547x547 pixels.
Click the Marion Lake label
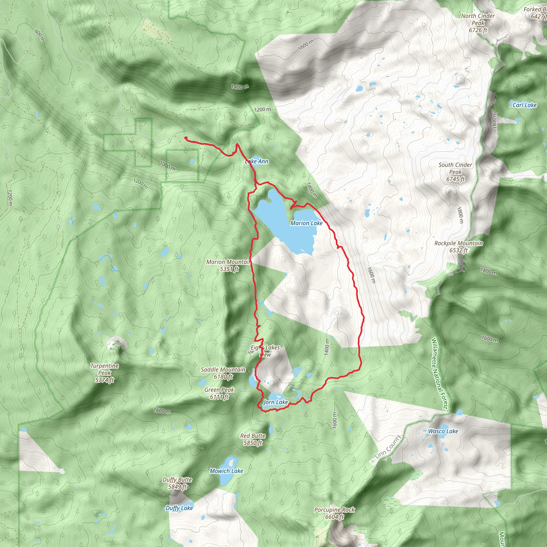click(x=306, y=223)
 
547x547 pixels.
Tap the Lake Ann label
click(x=256, y=161)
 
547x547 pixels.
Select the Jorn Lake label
click(x=275, y=402)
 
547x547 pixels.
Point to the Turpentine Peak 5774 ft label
click(x=104, y=373)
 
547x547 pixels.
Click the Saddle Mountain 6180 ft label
click(x=223, y=373)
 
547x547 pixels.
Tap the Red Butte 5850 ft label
click(x=253, y=439)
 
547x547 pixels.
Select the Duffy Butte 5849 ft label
click(x=177, y=483)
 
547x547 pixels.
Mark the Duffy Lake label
click(x=179, y=508)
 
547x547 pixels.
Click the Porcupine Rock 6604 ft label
click(x=334, y=513)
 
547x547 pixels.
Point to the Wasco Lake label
click(x=443, y=431)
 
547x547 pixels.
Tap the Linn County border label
click(x=388, y=447)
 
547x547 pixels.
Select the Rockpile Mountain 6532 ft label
click(x=459, y=247)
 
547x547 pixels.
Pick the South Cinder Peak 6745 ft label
click(x=455, y=172)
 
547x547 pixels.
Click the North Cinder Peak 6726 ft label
click(x=478, y=23)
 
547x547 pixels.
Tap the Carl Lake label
click(x=524, y=105)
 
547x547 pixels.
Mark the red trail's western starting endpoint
click(x=186, y=138)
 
